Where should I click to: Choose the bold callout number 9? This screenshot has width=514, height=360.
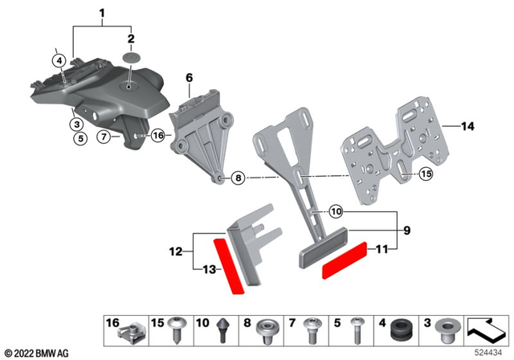[x=406, y=231]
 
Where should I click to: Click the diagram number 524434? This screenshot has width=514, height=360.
[x=489, y=351]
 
